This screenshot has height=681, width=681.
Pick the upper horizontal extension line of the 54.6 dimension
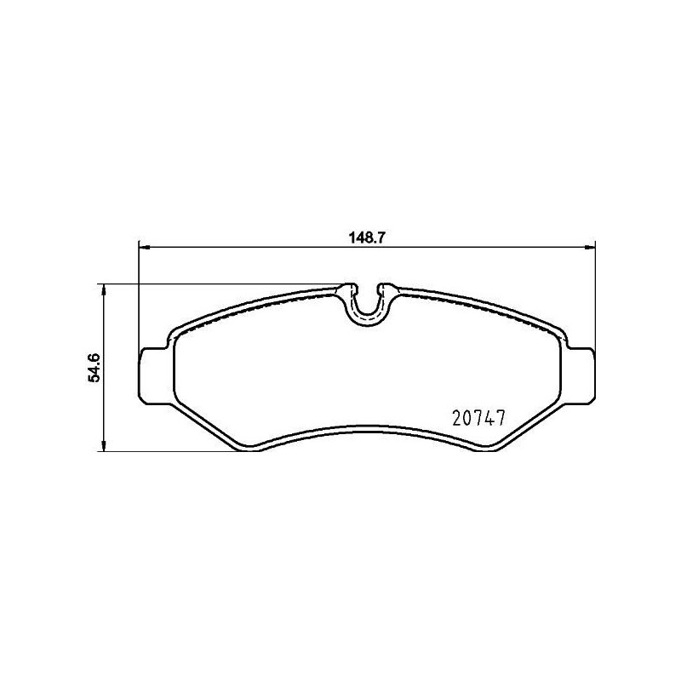tap(221, 283)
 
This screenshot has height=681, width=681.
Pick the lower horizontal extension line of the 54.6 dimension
tap(170, 451)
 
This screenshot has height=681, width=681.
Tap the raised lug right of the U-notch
tap(387, 289)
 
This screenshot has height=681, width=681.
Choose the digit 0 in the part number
tap(466, 419)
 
